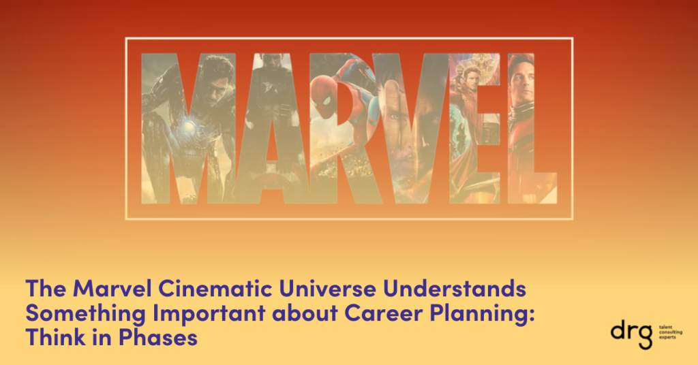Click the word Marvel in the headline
click(112, 288)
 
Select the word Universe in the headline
click(328, 288)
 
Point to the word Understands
click(455, 288)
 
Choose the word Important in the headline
click(209, 313)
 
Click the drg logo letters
click(632, 335)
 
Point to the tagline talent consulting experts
click(670, 332)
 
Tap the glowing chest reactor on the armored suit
click(188, 127)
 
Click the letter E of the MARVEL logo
click(474, 128)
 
